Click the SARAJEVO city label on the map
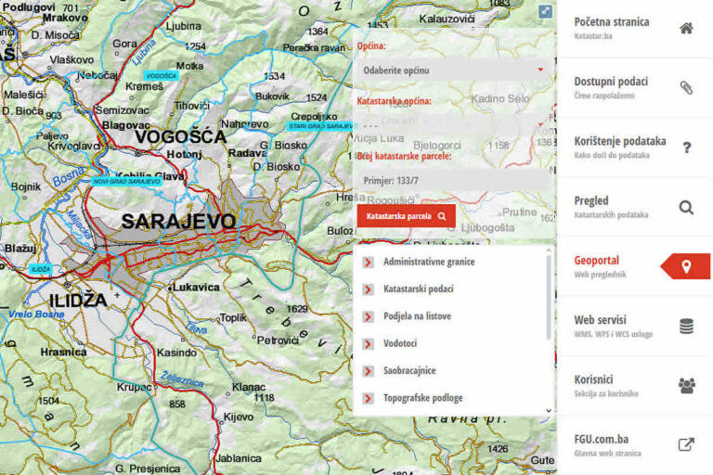(x=178, y=221)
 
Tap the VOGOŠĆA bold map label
(x=180, y=137)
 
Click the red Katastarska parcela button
(x=406, y=216)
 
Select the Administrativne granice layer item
(x=428, y=262)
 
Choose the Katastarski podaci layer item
(x=418, y=289)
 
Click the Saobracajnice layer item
(x=409, y=370)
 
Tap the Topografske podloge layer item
(x=422, y=398)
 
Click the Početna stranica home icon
(x=686, y=28)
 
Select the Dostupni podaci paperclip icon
(x=686, y=88)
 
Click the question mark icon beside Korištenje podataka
(x=686, y=148)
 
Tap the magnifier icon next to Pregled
(x=686, y=207)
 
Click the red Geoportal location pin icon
(x=686, y=267)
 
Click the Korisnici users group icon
(x=686, y=385)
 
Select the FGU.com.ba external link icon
(x=686, y=444)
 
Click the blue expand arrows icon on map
(x=545, y=11)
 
